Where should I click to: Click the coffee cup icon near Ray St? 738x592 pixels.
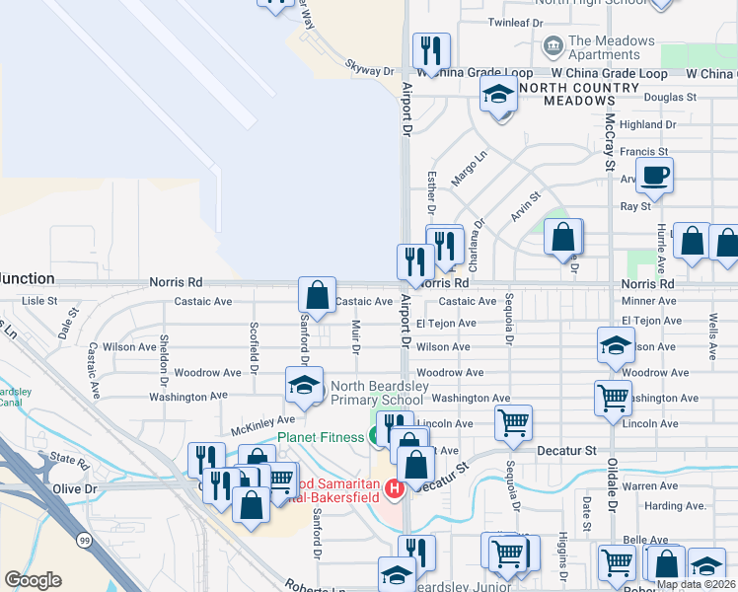pos(654,177)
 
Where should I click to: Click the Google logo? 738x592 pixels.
pos(33,579)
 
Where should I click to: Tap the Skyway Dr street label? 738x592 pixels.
pos(369,70)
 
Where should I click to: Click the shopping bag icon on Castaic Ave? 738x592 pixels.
pos(318,294)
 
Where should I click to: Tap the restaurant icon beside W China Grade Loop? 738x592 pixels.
pos(430,51)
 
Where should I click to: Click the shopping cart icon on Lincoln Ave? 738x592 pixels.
pos(513,422)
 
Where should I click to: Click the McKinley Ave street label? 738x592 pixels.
pos(262,425)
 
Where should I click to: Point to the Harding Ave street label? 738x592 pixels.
pos(679,506)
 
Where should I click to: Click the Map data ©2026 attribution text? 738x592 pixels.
pos(695,584)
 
